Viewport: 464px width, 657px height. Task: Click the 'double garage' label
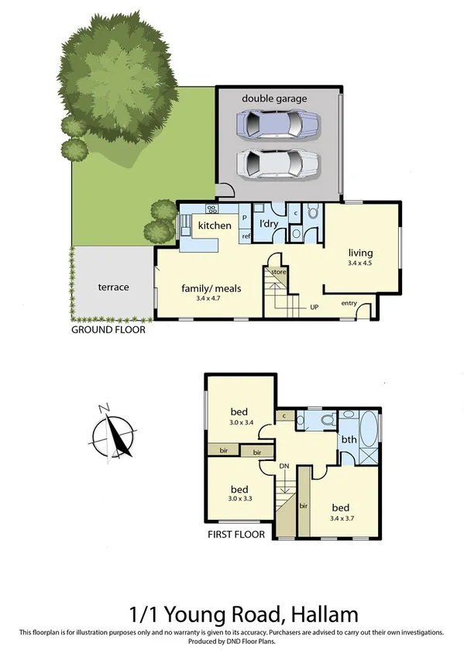click(x=274, y=98)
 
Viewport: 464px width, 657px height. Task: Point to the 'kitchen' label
click(x=215, y=225)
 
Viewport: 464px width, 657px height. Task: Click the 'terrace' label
click(x=113, y=287)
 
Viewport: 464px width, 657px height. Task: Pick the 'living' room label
click(x=360, y=253)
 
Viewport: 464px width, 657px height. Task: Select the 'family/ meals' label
click(x=211, y=288)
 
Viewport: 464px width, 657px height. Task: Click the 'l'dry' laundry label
click(x=269, y=224)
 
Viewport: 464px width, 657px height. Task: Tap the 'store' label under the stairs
click(x=279, y=272)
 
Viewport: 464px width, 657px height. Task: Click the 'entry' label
click(x=349, y=303)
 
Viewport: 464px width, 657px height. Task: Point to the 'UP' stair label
click(x=314, y=308)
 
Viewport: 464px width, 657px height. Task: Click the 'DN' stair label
click(x=284, y=465)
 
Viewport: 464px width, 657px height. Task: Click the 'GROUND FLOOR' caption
click(x=108, y=329)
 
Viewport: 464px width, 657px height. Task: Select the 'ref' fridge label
click(x=246, y=236)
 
